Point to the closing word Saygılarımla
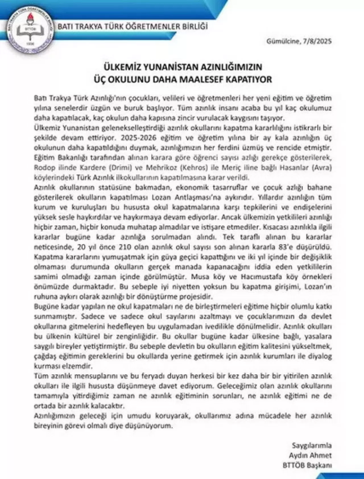point(312,445)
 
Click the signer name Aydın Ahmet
point(310,455)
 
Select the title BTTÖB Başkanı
point(307,465)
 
